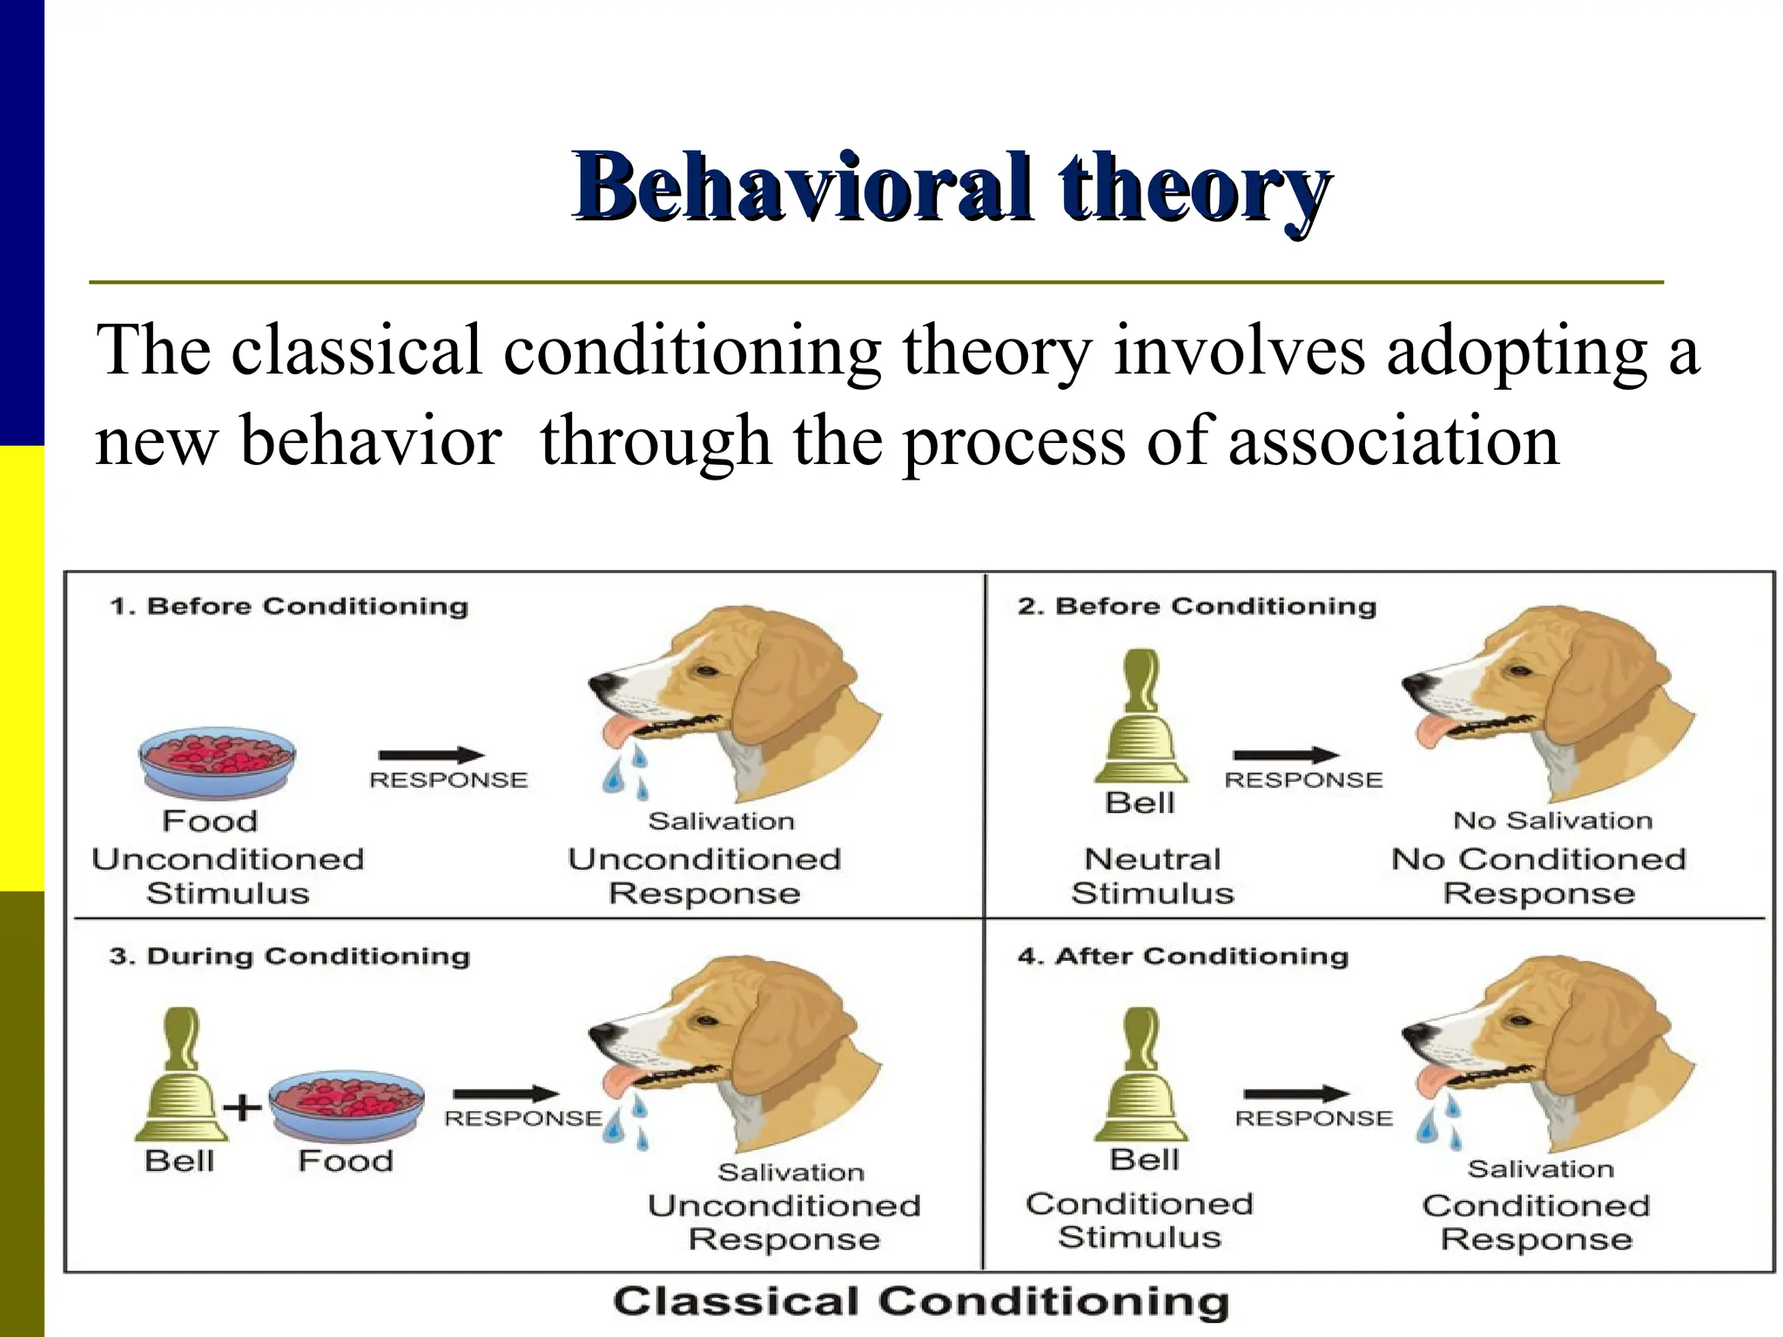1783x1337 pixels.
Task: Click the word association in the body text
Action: pyautogui.click(x=1393, y=440)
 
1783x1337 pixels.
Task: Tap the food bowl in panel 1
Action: pyautogui.click(x=218, y=762)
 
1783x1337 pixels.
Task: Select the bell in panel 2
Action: pyautogui.click(x=1140, y=717)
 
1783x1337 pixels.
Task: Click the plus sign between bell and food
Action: pyautogui.click(x=242, y=1108)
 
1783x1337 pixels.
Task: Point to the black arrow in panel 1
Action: pyautogui.click(x=431, y=755)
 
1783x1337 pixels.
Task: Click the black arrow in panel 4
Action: pyautogui.click(x=1295, y=1093)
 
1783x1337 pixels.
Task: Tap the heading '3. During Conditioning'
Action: pyautogui.click(x=289, y=956)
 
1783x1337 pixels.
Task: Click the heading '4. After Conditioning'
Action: pyautogui.click(x=1182, y=956)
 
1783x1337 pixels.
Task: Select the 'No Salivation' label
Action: pyautogui.click(x=1552, y=820)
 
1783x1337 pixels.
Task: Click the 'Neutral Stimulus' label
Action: pyautogui.click(x=1152, y=876)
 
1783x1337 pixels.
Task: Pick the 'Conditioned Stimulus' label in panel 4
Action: pyautogui.click(x=1139, y=1219)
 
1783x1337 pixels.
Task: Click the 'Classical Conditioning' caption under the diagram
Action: pyautogui.click(x=921, y=1302)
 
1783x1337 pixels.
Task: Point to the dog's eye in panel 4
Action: pyautogui.click(x=1520, y=1020)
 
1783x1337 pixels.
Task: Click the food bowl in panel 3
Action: pyautogui.click(x=347, y=1104)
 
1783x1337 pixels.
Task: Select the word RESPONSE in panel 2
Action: pyautogui.click(x=1303, y=780)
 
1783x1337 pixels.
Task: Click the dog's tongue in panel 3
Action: pyautogui.click(x=620, y=1080)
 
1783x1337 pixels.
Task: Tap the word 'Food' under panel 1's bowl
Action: pyautogui.click(x=210, y=821)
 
